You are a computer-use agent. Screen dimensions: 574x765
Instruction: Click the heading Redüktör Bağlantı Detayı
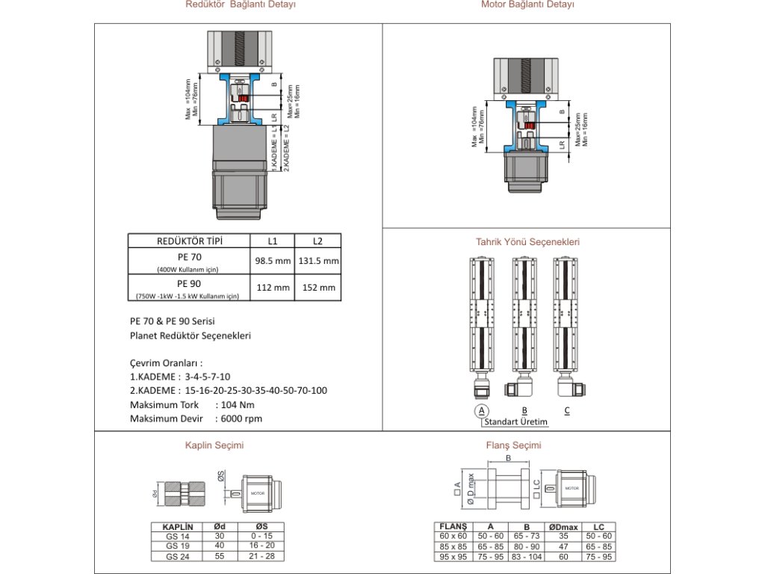[241, 4]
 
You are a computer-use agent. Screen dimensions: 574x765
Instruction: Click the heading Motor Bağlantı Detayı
[528, 4]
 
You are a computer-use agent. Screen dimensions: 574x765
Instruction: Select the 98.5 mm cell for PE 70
[272, 261]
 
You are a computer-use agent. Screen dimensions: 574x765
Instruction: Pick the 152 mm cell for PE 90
[318, 288]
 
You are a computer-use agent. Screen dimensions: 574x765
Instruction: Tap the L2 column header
[318, 241]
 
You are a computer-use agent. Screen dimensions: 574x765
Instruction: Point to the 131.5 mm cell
[318, 261]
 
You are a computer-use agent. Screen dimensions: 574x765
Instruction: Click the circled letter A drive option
[482, 410]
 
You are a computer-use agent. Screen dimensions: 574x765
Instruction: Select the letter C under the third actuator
[567, 410]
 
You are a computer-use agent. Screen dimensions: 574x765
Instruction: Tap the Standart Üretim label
[515, 422]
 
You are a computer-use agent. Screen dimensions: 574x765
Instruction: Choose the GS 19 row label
[178, 546]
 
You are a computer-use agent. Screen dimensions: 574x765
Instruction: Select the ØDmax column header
[563, 527]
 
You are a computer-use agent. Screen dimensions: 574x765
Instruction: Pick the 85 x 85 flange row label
[453, 546]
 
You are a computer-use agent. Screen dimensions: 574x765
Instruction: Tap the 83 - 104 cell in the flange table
[527, 557]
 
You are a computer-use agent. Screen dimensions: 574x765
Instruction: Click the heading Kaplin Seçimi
[214, 445]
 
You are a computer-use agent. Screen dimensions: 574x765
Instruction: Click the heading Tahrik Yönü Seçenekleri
[527, 242]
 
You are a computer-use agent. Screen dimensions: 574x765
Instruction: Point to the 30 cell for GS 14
[220, 536]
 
